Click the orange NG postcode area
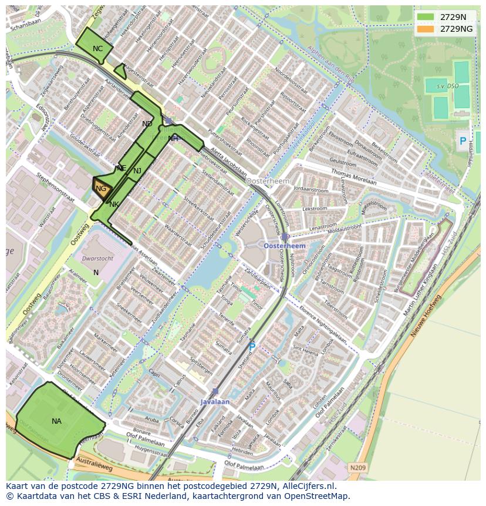101,189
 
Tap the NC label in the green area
97,49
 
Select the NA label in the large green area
56,421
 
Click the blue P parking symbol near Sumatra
252,347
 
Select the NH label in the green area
173,139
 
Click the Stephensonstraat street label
55,187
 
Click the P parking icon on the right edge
463,141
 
